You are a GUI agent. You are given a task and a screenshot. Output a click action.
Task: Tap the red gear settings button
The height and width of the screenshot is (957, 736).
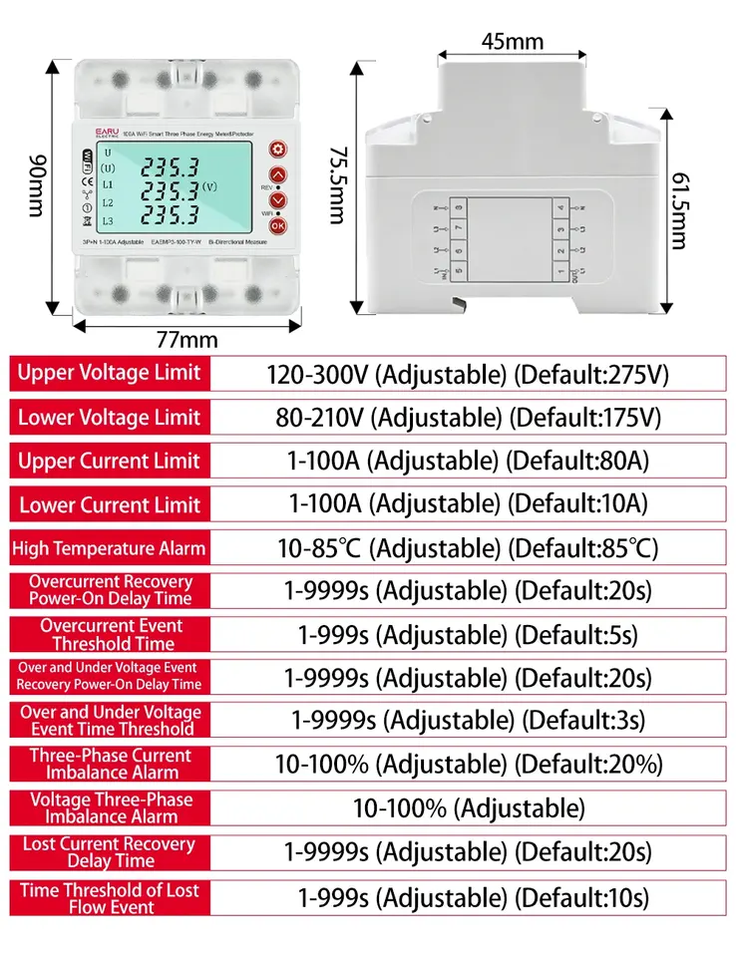click(x=278, y=152)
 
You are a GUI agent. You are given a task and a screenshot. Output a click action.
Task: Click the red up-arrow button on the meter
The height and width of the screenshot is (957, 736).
click(x=278, y=174)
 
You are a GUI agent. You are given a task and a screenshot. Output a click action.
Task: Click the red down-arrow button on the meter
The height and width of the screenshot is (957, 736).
click(x=278, y=200)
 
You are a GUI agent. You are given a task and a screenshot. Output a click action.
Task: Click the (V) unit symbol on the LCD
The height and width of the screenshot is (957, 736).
click(x=207, y=186)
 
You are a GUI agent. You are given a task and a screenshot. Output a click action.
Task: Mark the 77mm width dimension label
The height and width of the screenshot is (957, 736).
click(x=186, y=339)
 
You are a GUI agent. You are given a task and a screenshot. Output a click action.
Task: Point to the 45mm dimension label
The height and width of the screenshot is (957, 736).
click(x=513, y=41)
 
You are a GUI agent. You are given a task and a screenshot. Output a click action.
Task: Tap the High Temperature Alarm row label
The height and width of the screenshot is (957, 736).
click(x=110, y=548)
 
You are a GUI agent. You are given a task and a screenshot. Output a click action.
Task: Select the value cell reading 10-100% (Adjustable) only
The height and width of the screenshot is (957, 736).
click(x=469, y=808)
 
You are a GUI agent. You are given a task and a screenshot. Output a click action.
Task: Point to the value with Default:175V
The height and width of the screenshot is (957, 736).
click(x=469, y=418)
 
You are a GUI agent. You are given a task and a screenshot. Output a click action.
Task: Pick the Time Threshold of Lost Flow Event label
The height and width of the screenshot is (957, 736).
click(x=110, y=897)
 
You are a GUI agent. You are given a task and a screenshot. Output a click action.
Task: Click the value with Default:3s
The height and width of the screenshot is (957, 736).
click(x=469, y=720)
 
